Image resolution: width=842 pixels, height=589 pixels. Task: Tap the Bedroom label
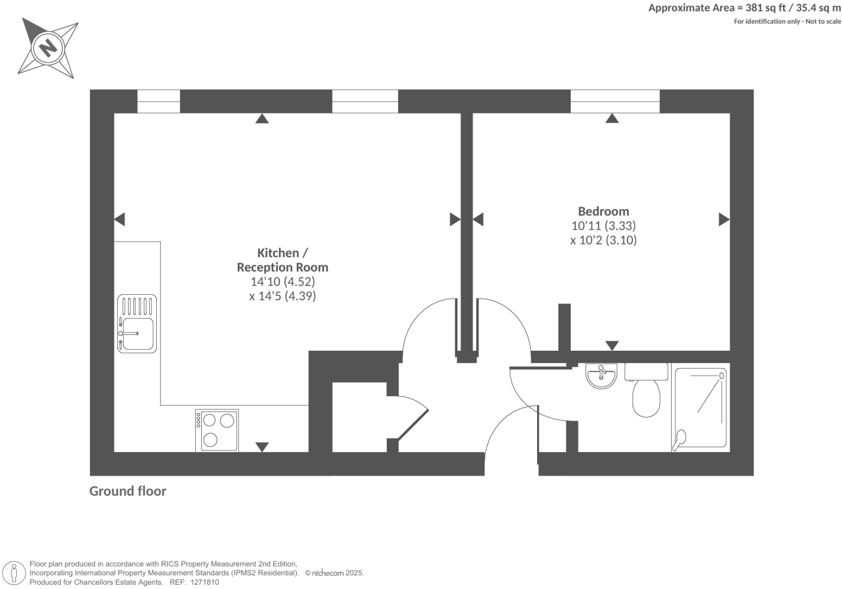(x=603, y=211)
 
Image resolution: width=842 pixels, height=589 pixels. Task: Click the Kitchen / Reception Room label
(x=282, y=260)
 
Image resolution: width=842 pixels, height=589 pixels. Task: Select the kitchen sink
(x=137, y=324)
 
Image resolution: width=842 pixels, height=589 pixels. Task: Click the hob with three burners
(x=217, y=430)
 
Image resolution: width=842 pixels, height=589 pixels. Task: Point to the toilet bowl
(x=646, y=397)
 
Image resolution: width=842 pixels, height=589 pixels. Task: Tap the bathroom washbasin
(x=601, y=376)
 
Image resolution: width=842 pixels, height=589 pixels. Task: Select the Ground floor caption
(x=127, y=491)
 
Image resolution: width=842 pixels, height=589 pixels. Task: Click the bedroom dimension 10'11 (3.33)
(x=603, y=225)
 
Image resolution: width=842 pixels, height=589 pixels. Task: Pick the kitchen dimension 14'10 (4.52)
(x=282, y=282)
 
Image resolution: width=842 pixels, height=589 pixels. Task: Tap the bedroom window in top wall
(x=615, y=102)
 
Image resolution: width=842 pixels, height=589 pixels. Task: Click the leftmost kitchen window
(x=158, y=102)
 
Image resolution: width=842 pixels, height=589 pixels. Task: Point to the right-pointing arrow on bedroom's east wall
(x=724, y=219)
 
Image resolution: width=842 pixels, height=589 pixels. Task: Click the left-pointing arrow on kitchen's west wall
(x=119, y=219)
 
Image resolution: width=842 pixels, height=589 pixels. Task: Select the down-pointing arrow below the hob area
(x=262, y=447)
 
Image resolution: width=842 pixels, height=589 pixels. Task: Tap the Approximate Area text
(x=744, y=8)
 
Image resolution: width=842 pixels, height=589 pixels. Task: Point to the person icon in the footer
(x=14, y=573)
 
